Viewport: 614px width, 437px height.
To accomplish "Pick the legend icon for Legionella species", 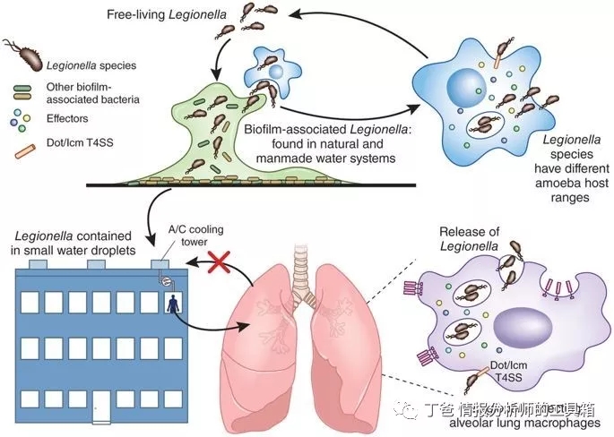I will tap(25, 56).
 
